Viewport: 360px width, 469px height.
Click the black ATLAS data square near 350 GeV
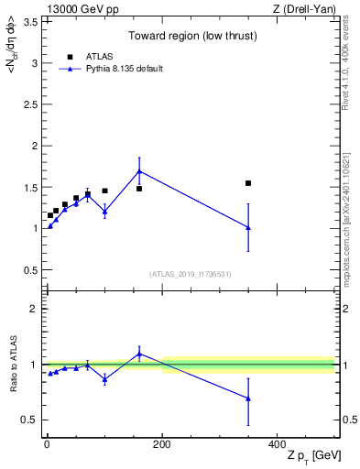tap(248, 183)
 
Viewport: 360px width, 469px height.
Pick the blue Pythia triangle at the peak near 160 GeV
tap(139, 170)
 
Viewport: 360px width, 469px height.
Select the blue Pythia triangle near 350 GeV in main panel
tap(248, 228)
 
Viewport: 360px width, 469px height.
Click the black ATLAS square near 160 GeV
tap(139, 189)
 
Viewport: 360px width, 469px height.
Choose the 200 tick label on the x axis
tap(162, 444)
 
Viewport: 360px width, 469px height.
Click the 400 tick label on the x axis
tap(277, 444)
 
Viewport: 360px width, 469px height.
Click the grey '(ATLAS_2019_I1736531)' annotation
tap(191, 274)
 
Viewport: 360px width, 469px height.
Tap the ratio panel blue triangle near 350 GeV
tap(248, 398)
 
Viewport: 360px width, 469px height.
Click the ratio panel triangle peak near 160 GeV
tap(139, 354)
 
